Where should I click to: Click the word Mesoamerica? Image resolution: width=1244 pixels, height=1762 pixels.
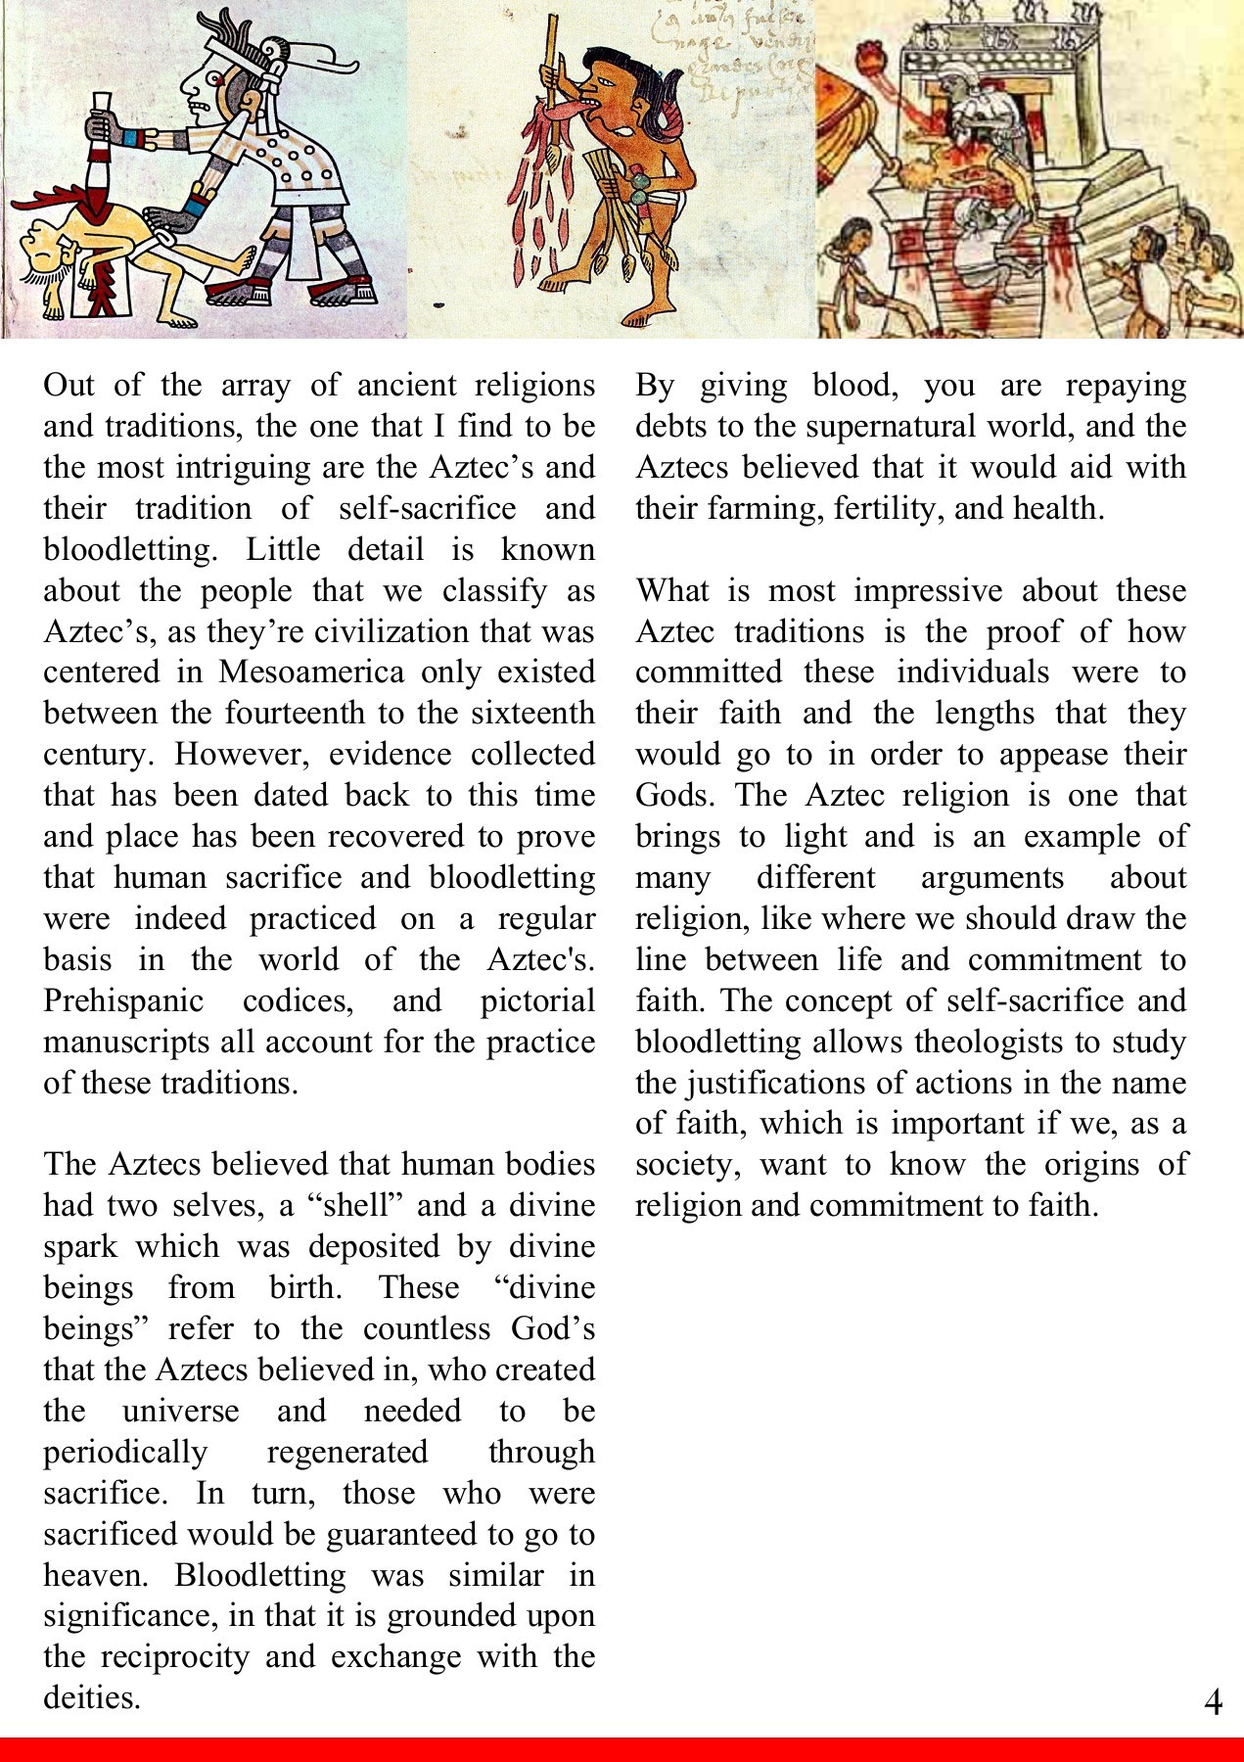310,672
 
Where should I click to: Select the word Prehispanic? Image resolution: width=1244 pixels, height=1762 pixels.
123,1001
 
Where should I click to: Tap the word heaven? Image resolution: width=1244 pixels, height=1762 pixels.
95,1575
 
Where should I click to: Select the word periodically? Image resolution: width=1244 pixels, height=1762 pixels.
125,1452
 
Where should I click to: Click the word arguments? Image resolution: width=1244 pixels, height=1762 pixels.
991,878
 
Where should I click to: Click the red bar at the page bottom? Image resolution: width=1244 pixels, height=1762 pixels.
622,1749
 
